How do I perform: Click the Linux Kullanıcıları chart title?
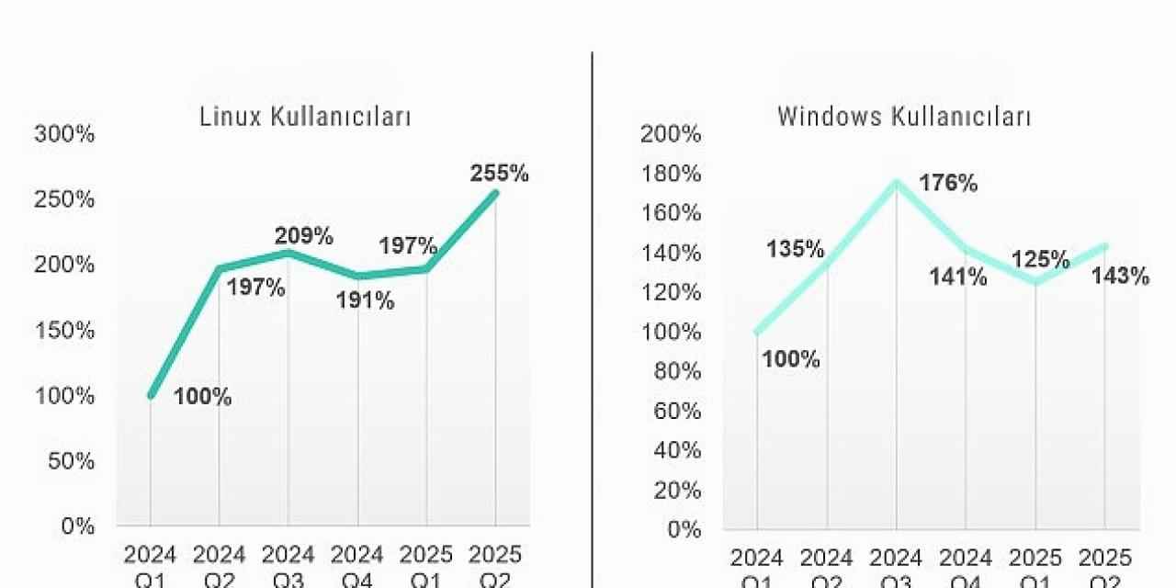[305, 118]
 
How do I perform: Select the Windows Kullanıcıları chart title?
[904, 118]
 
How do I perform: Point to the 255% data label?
[499, 174]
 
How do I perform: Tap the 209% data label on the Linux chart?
[303, 236]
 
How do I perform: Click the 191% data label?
[365, 300]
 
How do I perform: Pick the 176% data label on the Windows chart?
[949, 184]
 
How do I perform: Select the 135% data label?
[796, 249]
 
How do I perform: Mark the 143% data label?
[1120, 277]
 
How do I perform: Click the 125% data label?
[1041, 260]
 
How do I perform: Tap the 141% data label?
[958, 277]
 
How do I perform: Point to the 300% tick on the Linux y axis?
[64, 134]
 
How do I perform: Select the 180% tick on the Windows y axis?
[671, 175]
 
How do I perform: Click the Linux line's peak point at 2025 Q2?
[495, 193]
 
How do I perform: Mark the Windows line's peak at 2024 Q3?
[896, 181]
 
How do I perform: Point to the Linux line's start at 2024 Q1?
[152, 395]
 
